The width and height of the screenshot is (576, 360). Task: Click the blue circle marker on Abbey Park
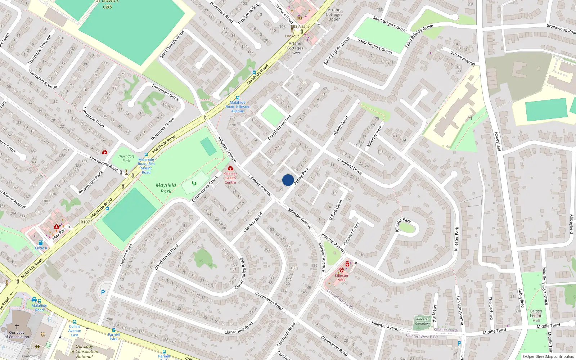(x=288, y=180)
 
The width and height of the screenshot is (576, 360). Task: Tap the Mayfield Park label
(x=166, y=188)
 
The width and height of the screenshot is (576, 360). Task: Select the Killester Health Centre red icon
(x=230, y=168)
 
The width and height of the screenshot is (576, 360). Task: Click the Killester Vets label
(x=342, y=278)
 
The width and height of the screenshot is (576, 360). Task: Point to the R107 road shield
(x=85, y=222)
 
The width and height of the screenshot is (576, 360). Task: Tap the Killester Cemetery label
(x=422, y=321)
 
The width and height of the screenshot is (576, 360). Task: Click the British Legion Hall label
(x=536, y=316)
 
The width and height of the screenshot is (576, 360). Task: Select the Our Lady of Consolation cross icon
(x=17, y=326)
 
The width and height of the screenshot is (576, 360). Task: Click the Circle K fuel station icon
(x=41, y=243)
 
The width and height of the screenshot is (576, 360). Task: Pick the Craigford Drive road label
(x=349, y=166)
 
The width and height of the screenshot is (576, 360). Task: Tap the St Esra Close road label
(x=336, y=210)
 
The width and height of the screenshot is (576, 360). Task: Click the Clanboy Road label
(x=253, y=222)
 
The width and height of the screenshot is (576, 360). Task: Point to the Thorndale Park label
(x=126, y=158)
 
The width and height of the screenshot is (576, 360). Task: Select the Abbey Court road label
(x=341, y=126)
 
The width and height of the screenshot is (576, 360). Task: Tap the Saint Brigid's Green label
(x=375, y=46)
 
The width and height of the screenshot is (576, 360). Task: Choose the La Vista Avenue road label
(x=460, y=310)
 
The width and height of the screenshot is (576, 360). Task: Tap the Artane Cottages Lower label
(x=295, y=48)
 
